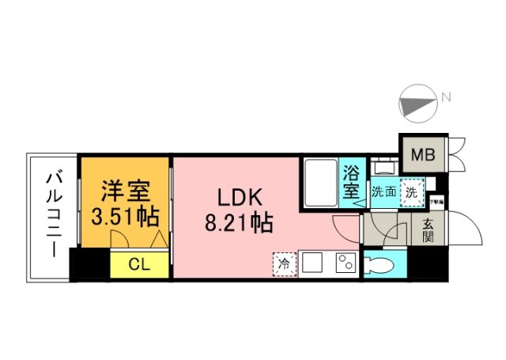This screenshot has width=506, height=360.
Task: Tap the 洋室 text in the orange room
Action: (125, 191)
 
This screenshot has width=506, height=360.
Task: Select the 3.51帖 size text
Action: (125, 215)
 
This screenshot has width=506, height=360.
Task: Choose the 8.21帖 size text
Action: (240, 223)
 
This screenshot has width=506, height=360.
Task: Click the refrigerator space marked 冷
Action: (282, 262)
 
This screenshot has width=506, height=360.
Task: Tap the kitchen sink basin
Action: (311, 263)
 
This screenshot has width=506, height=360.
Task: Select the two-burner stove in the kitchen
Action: (345, 263)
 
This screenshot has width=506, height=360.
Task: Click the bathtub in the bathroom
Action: (320, 182)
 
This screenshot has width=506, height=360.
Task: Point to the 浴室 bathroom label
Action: (352, 183)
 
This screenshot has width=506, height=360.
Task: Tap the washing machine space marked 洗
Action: (411, 191)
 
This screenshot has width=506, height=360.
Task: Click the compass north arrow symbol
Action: (419, 103)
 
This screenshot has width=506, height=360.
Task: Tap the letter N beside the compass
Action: (447, 98)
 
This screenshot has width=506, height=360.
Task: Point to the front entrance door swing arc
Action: (469, 230)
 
